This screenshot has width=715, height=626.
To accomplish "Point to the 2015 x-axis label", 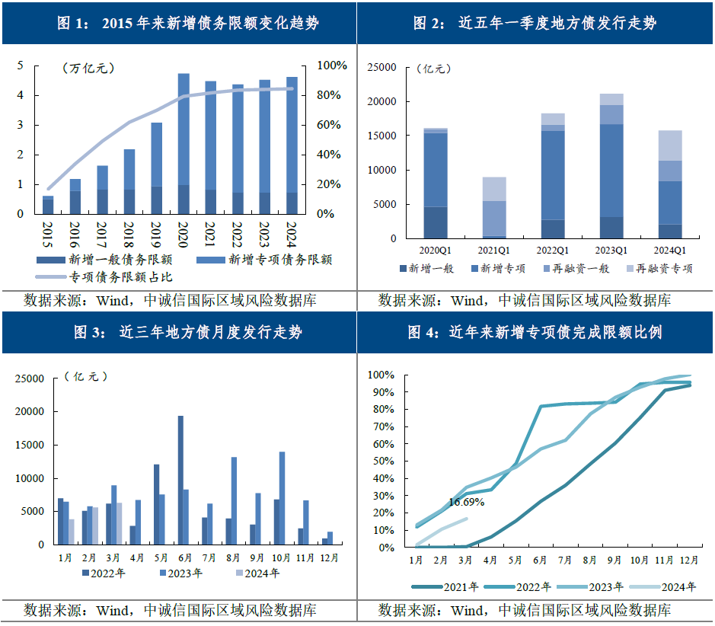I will pyautogui.click(x=48, y=229).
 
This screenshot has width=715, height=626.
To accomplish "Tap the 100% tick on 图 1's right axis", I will pyautogui.click(x=331, y=66).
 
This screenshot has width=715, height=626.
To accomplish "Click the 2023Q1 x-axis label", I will pyautogui.click(x=611, y=250).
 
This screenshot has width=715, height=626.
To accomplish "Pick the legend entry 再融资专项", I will pyautogui.click(x=663, y=268).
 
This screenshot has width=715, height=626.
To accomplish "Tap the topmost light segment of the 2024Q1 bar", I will pyautogui.click(x=670, y=145).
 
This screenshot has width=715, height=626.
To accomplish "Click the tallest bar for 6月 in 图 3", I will pyautogui.click(x=180, y=480).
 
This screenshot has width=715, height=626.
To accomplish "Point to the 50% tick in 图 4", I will pyautogui.click(x=381, y=462).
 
